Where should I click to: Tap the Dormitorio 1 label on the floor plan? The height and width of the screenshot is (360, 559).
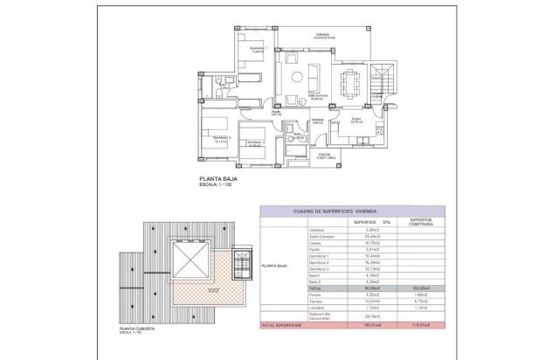(256, 47)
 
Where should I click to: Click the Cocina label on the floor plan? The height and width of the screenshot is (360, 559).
(357, 118)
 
